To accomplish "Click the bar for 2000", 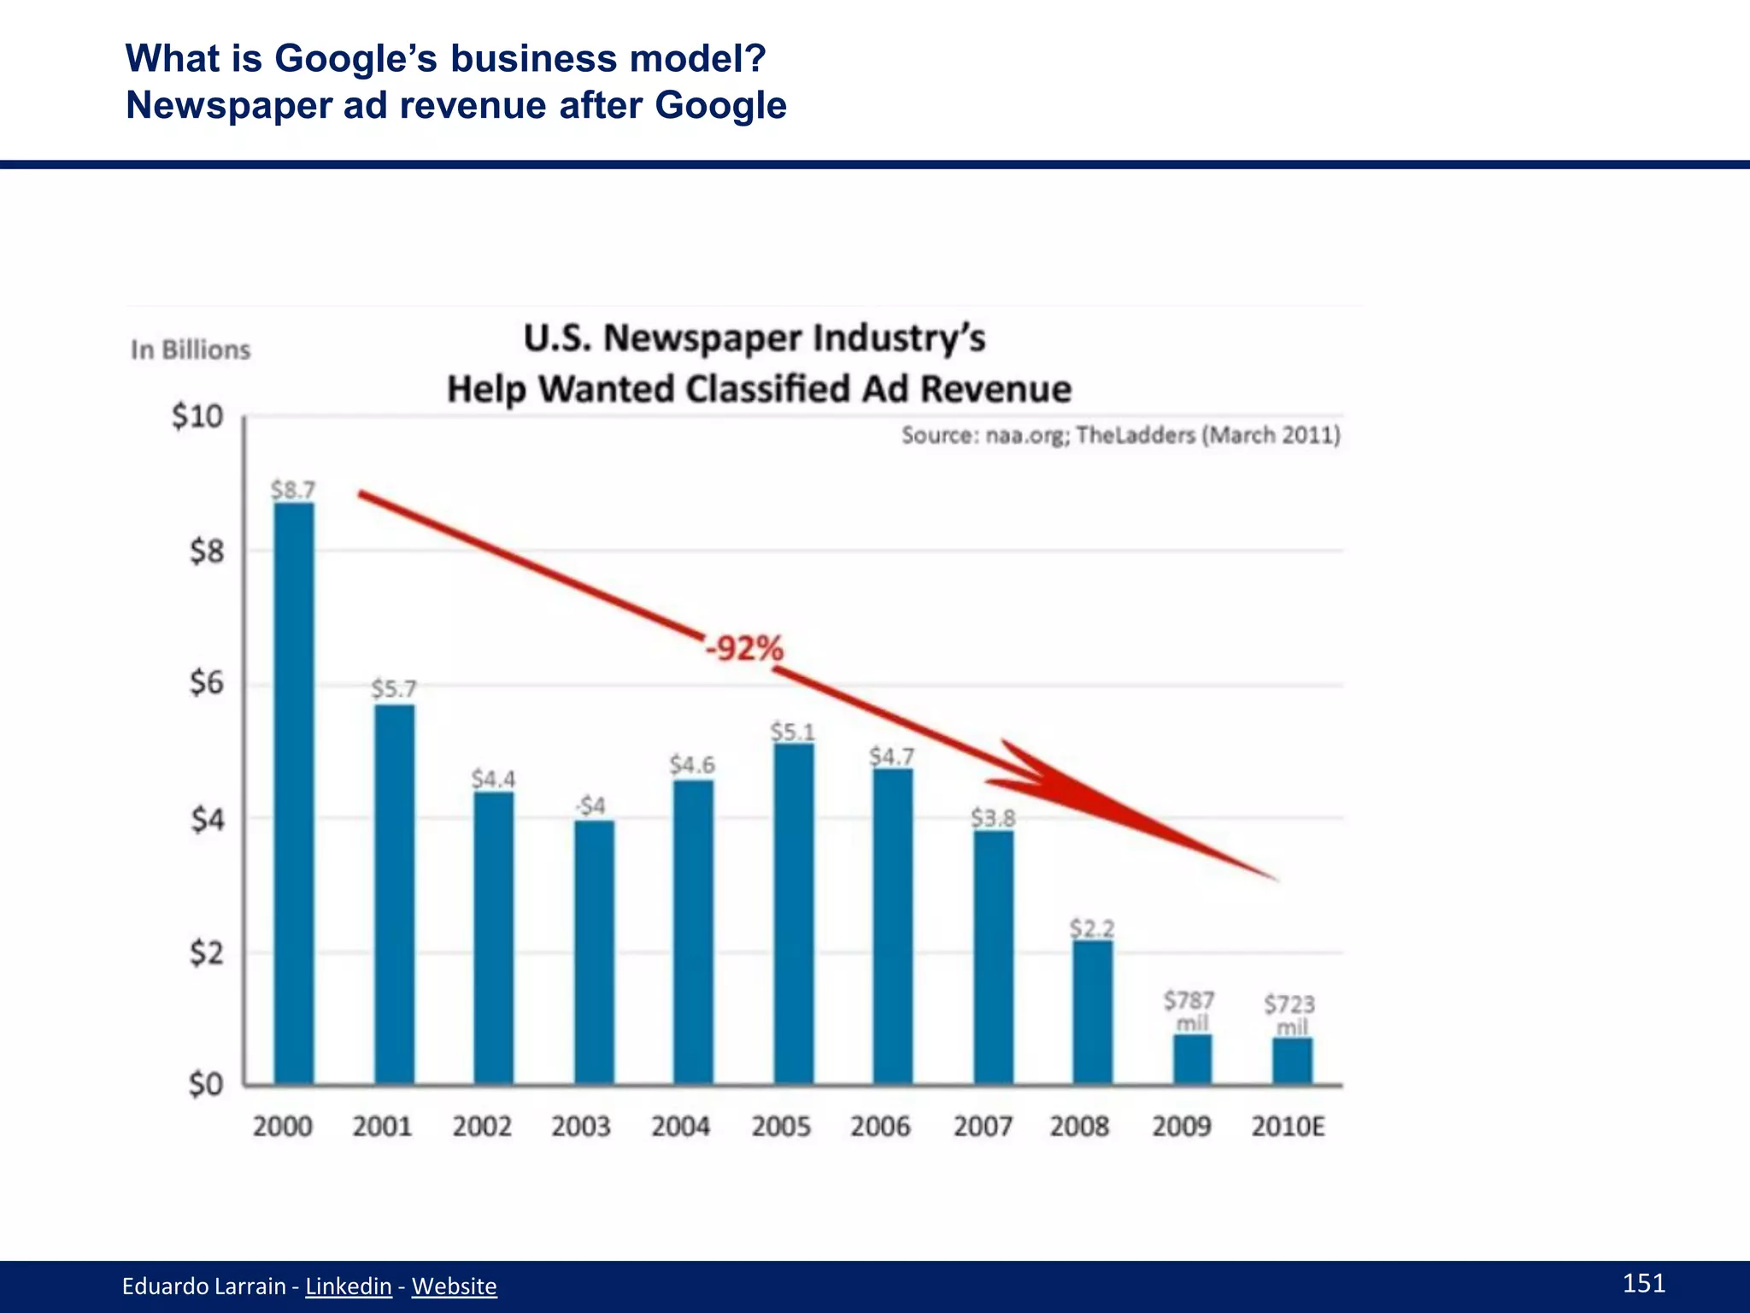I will coord(293,795).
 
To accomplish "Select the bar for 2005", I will coord(794,915).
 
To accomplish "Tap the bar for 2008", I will coord(1093,1013).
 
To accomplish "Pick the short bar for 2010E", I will coord(1292,1062).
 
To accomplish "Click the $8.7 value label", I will coord(293,490).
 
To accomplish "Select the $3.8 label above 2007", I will coord(993,818).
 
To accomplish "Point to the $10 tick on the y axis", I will coord(197,417).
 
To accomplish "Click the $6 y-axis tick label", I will coord(206,683).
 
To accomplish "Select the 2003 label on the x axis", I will coord(580,1127).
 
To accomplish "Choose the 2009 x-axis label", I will coord(1181,1127).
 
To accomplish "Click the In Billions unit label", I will coord(191,350).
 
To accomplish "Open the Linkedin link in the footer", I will coord(349,1286).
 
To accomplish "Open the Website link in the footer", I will coord(454,1286).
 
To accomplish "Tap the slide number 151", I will coord(1643,1282).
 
